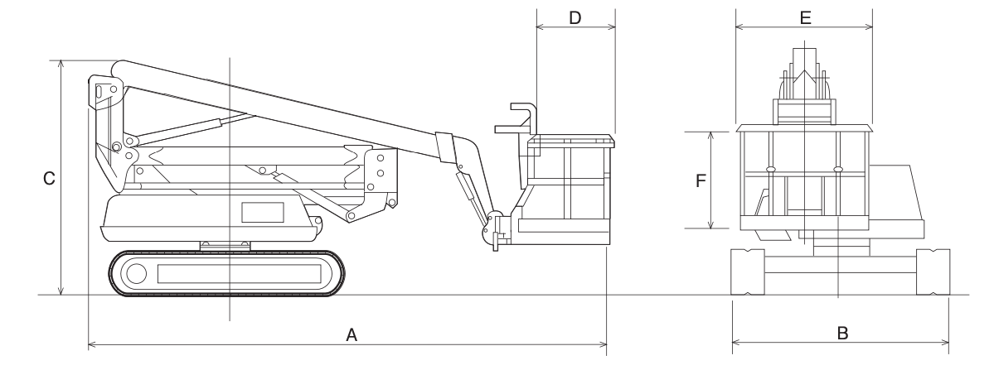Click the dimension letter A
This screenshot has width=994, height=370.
tap(352, 334)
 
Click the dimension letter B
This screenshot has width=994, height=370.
tap(842, 334)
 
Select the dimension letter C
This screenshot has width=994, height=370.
tap(49, 179)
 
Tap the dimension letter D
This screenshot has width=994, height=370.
tap(575, 17)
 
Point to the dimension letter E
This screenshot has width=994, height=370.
tap(805, 17)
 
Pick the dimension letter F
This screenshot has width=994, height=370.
tap(701, 181)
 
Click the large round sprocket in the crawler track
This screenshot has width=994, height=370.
tap(136, 273)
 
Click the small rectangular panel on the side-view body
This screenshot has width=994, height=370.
tap(263, 213)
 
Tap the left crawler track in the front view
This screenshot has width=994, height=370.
tap(748, 272)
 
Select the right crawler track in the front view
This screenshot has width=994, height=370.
tap(933, 272)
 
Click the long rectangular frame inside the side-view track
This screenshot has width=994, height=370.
tap(240, 274)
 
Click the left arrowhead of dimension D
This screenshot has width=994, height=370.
tap(541, 27)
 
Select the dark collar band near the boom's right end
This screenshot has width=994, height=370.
tap(444, 147)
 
